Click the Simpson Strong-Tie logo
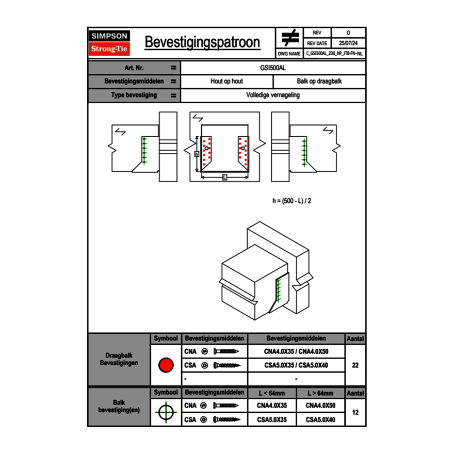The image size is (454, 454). click(x=110, y=43)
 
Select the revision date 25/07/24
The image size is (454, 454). click(x=348, y=43)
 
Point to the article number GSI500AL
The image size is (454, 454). click(x=273, y=68)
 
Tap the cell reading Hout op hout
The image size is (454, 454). click(x=226, y=82)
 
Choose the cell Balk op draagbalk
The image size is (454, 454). click(x=319, y=82)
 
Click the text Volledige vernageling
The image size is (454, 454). click(x=273, y=95)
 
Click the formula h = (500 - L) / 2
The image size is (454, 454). click(x=291, y=201)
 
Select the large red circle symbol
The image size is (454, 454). click(x=166, y=365)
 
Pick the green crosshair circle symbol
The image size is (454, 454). click(x=166, y=412)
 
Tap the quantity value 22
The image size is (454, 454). click(x=355, y=365)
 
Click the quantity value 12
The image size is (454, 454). click(x=355, y=412)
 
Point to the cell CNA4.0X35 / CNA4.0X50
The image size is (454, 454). click(x=296, y=352)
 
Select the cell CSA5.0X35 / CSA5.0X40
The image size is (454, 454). click(x=296, y=365)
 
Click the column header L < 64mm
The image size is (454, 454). click(x=272, y=393)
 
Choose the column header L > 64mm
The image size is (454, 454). click(x=320, y=393)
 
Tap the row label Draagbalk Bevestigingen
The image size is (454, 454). click(x=119, y=360)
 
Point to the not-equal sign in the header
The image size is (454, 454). click(x=290, y=38)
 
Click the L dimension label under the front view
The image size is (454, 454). click(x=224, y=177)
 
